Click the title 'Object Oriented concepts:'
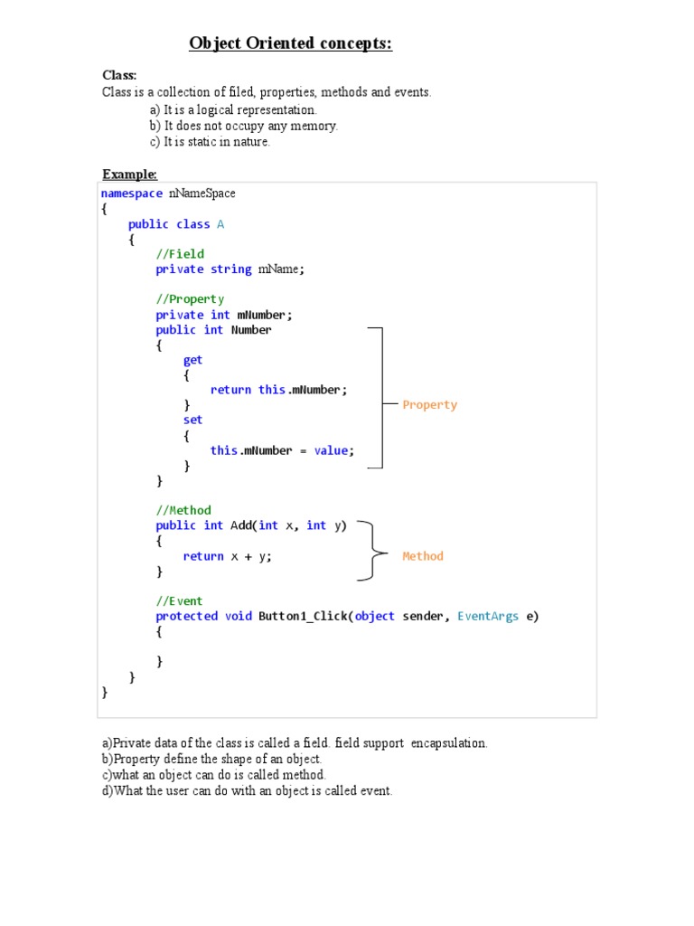pyautogui.click(x=290, y=44)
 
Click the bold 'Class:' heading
pyautogui.click(x=119, y=75)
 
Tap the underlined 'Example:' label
pyautogui.click(x=129, y=175)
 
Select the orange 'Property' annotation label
pyautogui.click(x=430, y=405)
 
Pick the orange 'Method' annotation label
pyautogui.click(x=423, y=556)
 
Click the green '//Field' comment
pyautogui.click(x=180, y=254)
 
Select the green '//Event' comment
pyautogui.click(x=180, y=601)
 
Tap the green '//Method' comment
pyautogui.click(x=183, y=510)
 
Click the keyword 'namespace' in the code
pyautogui.click(x=132, y=194)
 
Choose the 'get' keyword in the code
pyautogui.click(x=193, y=360)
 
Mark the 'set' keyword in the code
pyautogui.click(x=193, y=420)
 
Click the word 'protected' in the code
pyautogui.click(x=186, y=616)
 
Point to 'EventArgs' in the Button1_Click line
pyautogui.click(x=488, y=616)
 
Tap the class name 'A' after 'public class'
pyautogui.click(x=220, y=224)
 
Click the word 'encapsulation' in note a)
pyautogui.click(x=449, y=743)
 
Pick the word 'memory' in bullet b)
pyautogui.click(x=315, y=126)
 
